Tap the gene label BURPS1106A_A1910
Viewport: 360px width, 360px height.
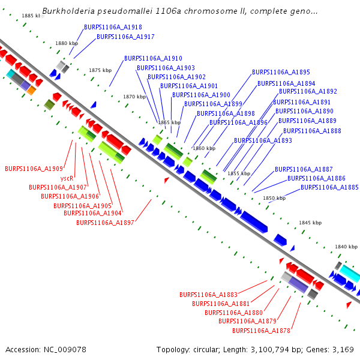pyautogui.click(x=153, y=58)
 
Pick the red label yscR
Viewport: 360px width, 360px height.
pyautogui.click(x=67, y=178)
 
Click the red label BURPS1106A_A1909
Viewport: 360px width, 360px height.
pyautogui.click(x=34, y=169)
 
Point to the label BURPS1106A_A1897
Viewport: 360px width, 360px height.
pyautogui.click(x=105, y=223)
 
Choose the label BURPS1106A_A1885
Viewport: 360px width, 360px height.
pyautogui.click(x=329, y=187)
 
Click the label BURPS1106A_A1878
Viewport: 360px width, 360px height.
pyautogui.click(x=261, y=331)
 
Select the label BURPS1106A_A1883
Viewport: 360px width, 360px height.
pyautogui.click(x=208, y=295)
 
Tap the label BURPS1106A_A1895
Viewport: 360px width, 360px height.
pyautogui.click(x=281, y=71)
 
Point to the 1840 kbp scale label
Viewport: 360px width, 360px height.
pyautogui.click(x=346, y=247)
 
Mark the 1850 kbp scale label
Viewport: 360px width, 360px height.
pyautogui.click(x=274, y=198)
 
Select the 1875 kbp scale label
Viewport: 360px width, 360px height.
pyautogui.click(x=100, y=70)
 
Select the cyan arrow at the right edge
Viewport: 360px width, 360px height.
pyautogui.click(x=348, y=275)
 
